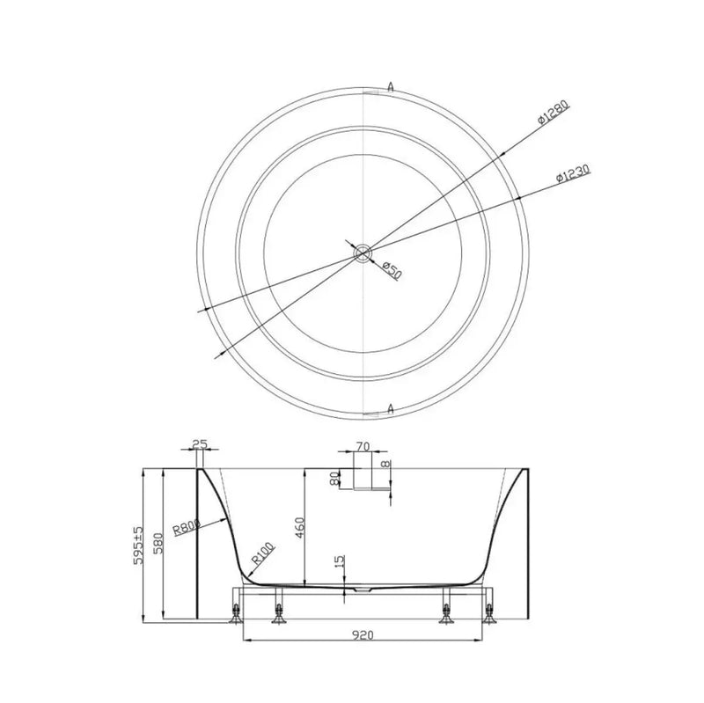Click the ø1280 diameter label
554,112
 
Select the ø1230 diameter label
573,172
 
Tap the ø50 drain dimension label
392,271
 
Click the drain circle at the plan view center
362,254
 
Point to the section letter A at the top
391,87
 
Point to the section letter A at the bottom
391,408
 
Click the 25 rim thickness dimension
200,444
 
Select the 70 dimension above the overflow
363,446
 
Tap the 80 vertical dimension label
334,478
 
